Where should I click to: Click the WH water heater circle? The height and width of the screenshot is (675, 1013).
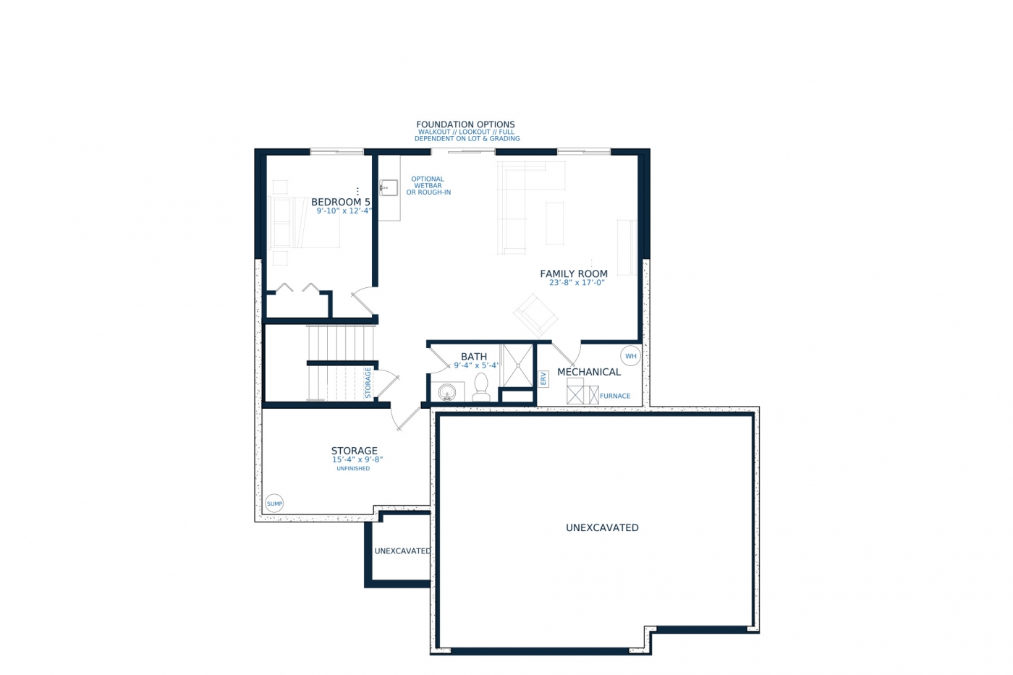tap(630, 356)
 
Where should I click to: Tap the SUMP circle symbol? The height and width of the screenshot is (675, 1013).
tap(274, 504)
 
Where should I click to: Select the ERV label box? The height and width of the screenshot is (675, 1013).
tap(543, 379)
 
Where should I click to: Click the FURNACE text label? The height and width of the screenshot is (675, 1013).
tap(615, 396)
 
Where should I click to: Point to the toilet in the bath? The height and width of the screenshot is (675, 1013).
tap(481, 388)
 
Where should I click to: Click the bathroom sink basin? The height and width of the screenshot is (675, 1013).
tap(447, 392)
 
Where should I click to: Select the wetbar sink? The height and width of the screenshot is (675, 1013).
tap(389, 187)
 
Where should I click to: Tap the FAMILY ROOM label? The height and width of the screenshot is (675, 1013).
tap(573, 273)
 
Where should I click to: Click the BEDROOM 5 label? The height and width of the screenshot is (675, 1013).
tap(341, 202)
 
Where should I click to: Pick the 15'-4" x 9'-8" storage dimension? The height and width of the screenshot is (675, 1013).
tap(357, 459)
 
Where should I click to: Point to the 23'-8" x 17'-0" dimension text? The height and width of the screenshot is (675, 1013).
tap(577, 283)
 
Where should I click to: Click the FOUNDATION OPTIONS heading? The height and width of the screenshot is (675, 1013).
tap(465, 124)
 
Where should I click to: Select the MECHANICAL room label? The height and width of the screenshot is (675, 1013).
tap(589, 372)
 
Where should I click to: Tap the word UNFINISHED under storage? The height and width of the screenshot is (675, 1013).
tap(353, 468)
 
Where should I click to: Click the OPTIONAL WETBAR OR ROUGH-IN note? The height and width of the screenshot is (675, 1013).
tap(428, 185)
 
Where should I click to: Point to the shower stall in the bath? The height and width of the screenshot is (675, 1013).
tap(518, 366)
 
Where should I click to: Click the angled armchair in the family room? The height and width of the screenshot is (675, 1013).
tap(535, 315)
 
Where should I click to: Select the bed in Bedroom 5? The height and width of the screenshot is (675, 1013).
tap(304, 222)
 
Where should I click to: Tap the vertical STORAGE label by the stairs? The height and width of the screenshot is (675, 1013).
tap(368, 383)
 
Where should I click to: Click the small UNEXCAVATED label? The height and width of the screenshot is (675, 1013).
tap(402, 551)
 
